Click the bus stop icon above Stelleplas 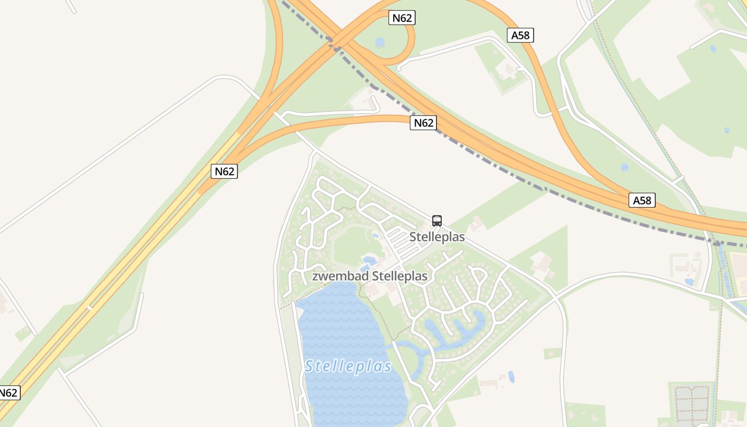tap(437, 220)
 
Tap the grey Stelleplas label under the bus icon tap(437, 237)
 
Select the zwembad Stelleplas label tap(370, 276)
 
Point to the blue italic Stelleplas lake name tap(348, 367)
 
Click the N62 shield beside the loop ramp tap(402, 18)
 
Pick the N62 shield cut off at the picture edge tap(8, 393)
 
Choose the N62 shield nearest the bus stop tap(423, 123)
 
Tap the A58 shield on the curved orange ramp tap(520, 35)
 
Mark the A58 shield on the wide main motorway tap(642, 200)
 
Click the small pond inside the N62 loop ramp tap(379, 42)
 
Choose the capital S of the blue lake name tap(309, 367)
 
